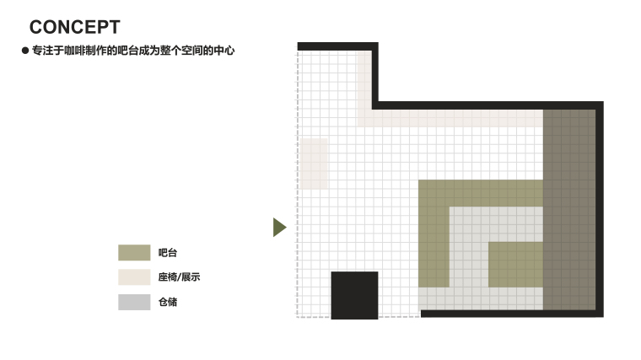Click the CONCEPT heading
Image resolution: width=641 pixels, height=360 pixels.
click(x=74, y=28)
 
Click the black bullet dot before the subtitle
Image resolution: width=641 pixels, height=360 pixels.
click(x=25, y=51)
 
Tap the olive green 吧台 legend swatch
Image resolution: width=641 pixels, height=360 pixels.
click(x=134, y=253)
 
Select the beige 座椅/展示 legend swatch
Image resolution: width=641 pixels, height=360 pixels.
click(x=134, y=277)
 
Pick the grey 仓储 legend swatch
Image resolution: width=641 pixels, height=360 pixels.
click(x=134, y=302)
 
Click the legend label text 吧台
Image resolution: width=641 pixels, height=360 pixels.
click(x=168, y=253)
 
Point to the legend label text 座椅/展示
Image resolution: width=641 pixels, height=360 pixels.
click(x=178, y=277)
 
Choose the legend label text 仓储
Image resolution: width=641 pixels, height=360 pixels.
click(x=168, y=302)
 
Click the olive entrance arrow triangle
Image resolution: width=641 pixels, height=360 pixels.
click(x=279, y=228)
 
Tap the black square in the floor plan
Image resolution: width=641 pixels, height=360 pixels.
click(x=354, y=295)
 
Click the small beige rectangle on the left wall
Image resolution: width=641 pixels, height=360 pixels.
click(x=314, y=164)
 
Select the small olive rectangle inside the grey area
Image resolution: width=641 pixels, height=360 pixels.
click(x=515, y=264)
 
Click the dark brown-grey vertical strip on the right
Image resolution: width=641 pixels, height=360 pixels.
click(x=570, y=211)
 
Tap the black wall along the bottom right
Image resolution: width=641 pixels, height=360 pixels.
click(x=511, y=314)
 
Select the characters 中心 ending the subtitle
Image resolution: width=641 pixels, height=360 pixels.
click(x=224, y=51)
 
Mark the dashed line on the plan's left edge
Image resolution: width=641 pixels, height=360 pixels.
click(x=298, y=185)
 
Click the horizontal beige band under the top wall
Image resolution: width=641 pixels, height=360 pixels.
click(x=455, y=118)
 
